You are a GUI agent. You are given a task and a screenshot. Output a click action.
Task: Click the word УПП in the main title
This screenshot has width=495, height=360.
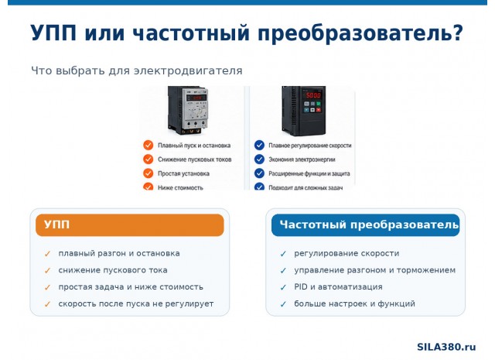53,33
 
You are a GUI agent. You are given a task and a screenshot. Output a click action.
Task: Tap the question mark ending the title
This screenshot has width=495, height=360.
457,33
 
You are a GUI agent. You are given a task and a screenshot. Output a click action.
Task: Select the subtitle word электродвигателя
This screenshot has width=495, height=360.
188,70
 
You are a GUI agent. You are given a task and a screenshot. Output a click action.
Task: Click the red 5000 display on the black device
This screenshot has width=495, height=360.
313,94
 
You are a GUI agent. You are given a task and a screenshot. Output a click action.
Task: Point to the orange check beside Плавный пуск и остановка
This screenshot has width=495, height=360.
148,145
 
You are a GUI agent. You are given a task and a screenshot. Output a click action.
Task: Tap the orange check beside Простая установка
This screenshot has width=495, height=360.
148,173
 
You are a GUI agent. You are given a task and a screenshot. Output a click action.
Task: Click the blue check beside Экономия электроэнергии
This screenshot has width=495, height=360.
259,159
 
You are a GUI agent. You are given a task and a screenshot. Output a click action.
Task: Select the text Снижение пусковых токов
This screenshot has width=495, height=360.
194,159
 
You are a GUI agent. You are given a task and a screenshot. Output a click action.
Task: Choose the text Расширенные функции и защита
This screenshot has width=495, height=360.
309,173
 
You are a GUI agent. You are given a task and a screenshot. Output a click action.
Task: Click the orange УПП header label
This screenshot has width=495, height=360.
56,225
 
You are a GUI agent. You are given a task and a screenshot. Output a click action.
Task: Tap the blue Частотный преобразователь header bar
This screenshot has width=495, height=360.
365,225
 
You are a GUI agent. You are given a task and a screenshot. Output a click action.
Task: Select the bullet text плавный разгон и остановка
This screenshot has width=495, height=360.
119,253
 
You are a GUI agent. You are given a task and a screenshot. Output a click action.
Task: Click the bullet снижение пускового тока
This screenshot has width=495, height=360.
113,270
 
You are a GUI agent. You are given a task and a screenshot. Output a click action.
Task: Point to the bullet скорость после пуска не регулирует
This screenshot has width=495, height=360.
136,303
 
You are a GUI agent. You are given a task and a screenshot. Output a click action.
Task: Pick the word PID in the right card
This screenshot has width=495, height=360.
301,286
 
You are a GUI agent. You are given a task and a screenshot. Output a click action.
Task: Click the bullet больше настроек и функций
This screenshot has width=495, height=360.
354,303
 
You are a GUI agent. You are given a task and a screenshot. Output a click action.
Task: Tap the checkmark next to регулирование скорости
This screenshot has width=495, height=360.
283,253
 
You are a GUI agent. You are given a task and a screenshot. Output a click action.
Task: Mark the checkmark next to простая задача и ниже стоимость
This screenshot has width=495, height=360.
47,287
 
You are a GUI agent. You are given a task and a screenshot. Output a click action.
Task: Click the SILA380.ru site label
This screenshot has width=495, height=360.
446,347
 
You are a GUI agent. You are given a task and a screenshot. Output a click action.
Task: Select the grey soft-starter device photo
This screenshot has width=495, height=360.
188,110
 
